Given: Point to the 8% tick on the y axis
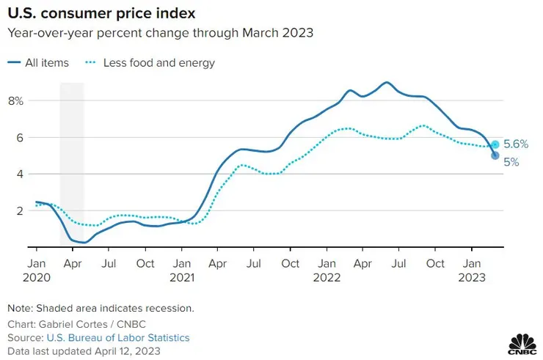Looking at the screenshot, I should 16,100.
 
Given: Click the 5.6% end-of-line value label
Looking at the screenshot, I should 515,144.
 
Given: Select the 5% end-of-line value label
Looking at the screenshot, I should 511,163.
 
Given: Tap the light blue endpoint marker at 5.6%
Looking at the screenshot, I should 495,144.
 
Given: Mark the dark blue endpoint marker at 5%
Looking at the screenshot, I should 495,155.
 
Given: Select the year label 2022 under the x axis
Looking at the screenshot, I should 327,278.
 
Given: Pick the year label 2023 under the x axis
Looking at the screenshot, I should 472,278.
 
